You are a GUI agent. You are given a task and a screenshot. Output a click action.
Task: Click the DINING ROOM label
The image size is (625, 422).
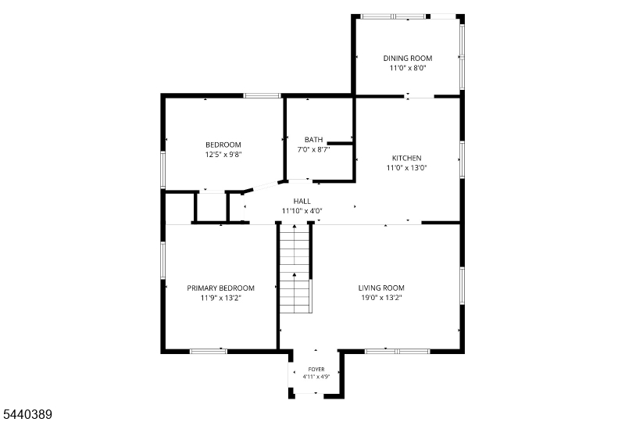[408, 59]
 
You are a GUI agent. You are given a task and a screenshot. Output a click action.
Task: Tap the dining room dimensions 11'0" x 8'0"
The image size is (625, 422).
[408, 68]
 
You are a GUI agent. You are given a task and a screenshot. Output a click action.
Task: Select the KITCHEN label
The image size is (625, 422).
[406, 158]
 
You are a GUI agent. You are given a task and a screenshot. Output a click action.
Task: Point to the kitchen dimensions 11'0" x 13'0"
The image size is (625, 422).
[406, 168]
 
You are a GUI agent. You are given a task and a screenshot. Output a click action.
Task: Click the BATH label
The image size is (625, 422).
[314, 140]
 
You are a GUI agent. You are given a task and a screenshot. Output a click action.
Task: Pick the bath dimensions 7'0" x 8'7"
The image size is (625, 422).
[314, 149]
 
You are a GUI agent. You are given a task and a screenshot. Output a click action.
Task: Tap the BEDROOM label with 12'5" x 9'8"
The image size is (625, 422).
[223, 145]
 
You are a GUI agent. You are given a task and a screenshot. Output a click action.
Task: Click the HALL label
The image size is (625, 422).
[302, 201]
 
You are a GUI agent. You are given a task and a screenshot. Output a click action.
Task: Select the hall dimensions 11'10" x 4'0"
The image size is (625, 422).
[302, 211]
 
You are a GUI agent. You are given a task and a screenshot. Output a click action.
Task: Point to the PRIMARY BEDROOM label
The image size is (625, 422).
[221, 288]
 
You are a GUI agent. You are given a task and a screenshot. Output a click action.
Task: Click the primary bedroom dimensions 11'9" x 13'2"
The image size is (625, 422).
[221, 298]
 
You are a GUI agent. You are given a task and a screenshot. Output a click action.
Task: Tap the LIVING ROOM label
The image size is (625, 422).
[381, 288]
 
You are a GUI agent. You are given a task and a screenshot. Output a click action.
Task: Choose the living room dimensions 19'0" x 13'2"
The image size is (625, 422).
[381, 298]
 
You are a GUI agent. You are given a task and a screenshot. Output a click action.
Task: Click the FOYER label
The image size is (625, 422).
[316, 370]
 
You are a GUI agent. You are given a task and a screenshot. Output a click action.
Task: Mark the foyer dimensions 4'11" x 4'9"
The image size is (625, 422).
[316, 377]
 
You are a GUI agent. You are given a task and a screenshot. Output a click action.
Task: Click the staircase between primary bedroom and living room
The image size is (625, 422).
[295, 269]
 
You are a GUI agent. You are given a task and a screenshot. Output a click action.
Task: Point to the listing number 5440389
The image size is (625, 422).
[27, 414]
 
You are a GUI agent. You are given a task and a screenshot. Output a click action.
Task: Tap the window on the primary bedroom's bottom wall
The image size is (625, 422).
[208, 352]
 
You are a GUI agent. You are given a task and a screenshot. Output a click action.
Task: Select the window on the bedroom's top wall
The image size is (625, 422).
[262, 95]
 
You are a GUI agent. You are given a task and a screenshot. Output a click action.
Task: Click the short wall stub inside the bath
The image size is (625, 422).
[340, 143]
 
